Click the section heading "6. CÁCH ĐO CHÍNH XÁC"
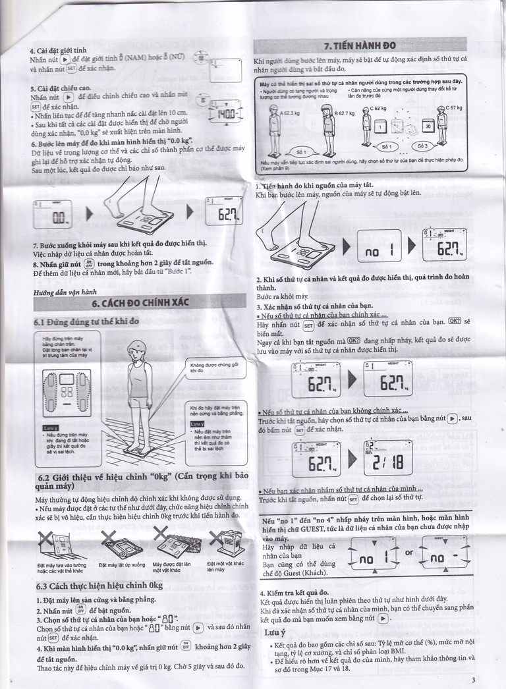point(139,304)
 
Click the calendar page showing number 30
point(428,126)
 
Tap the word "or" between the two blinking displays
point(409,553)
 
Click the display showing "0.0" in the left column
point(59,216)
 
